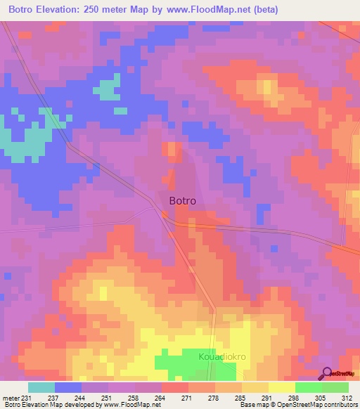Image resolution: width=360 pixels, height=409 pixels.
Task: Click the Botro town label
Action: click(183, 200)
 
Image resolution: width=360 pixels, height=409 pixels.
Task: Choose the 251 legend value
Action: click(108, 398)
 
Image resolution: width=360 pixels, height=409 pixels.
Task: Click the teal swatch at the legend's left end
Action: click(41, 387)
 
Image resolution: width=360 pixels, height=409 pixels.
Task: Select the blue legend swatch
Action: click(68, 387)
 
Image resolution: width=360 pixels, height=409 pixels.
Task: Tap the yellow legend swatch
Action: click(282, 387)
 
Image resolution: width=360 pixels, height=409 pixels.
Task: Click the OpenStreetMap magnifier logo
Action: click(327, 373)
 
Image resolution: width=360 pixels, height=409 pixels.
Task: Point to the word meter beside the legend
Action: click(11, 398)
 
